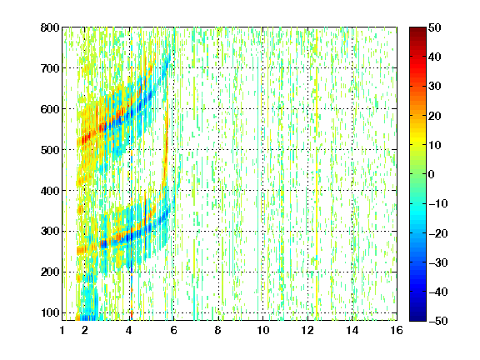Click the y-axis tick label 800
click(50, 27)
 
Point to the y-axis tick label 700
click(50, 68)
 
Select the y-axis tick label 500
click(50, 150)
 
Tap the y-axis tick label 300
click(50, 232)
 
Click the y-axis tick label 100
click(50, 312)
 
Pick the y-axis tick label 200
click(50, 272)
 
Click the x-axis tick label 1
click(62, 330)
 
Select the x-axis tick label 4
click(129, 330)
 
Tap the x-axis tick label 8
click(217, 330)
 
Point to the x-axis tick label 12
click(307, 330)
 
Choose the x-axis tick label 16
click(397, 330)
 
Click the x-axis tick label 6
click(173, 330)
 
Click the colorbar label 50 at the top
click(434, 27)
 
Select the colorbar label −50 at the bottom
click(438, 321)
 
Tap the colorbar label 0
click(432, 174)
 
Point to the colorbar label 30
click(434, 87)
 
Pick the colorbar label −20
click(438, 233)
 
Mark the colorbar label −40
click(438, 292)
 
